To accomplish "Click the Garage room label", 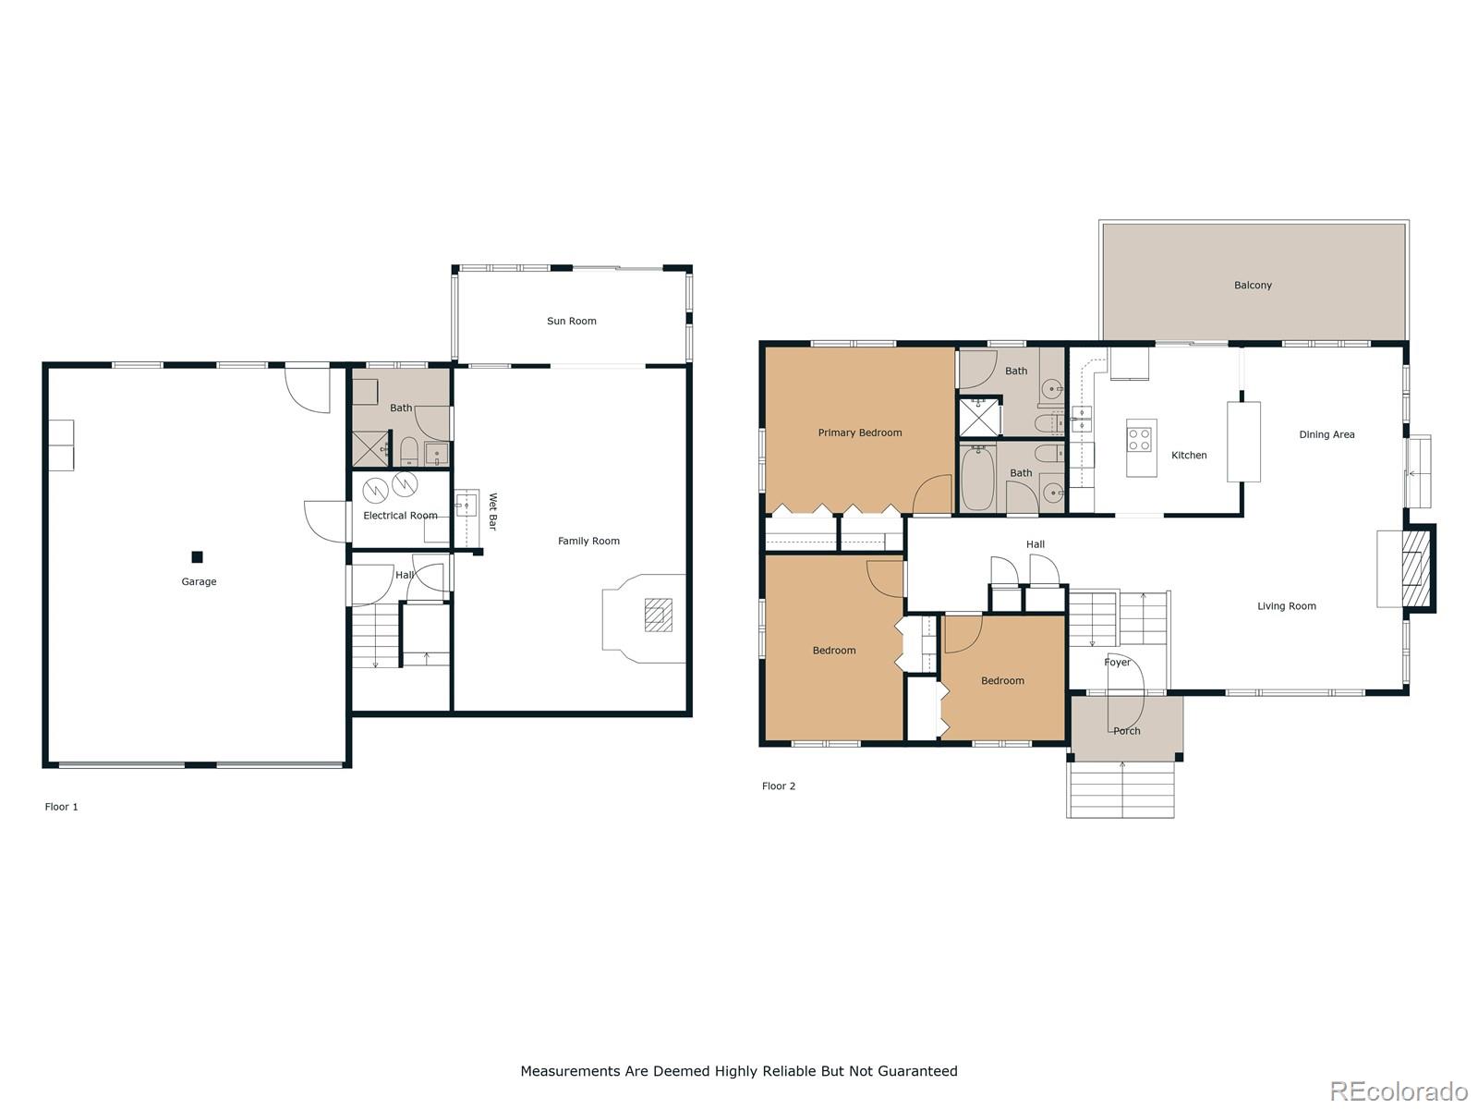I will [199, 581].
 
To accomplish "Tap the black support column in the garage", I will [197, 556].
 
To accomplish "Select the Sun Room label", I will [571, 321].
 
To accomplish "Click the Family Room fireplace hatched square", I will [658, 615].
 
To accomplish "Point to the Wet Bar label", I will [492, 511].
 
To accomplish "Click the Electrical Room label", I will [400, 516].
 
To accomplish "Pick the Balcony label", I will [1253, 285].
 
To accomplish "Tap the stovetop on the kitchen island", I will [1141, 438].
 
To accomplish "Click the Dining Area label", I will [1327, 434].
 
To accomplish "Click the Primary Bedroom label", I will [859, 433].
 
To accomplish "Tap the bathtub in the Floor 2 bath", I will [977, 477].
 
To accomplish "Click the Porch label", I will [1126, 731].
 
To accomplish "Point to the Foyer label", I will [1117, 663].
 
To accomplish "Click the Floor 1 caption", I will [62, 807].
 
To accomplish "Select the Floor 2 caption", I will [778, 786].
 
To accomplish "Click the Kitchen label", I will [1189, 455].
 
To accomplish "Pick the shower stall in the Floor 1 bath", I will [369, 448].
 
